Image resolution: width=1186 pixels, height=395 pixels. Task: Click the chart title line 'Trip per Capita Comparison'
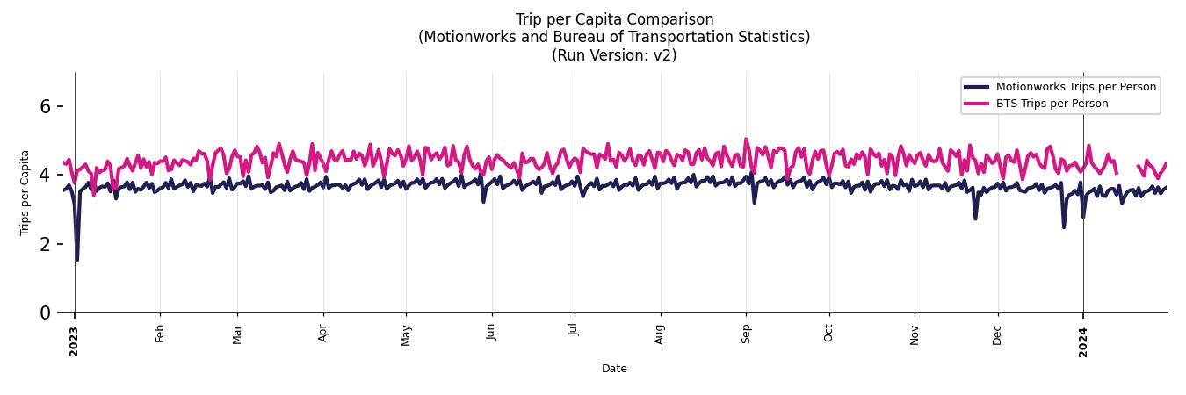(x=614, y=19)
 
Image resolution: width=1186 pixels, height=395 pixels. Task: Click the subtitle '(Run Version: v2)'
(x=614, y=55)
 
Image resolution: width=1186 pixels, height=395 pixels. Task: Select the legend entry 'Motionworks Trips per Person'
(x=1075, y=87)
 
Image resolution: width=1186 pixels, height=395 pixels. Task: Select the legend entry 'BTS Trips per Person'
(x=1052, y=104)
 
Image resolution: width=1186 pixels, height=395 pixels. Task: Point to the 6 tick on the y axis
(x=47, y=106)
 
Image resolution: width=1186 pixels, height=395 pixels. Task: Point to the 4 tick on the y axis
(x=47, y=176)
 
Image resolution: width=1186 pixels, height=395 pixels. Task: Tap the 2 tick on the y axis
(x=47, y=244)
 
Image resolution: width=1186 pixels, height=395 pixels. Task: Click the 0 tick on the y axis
(x=47, y=312)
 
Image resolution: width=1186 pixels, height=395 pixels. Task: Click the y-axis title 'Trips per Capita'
(x=25, y=192)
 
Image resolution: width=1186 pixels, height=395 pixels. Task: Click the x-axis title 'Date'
(x=614, y=369)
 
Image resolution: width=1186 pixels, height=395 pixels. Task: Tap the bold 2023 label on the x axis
(x=75, y=341)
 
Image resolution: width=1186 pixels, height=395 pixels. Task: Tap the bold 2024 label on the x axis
(x=1083, y=341)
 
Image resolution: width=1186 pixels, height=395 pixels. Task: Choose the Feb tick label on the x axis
(x=160, y=334)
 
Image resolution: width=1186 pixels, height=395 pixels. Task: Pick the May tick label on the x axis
(x=406, y=334)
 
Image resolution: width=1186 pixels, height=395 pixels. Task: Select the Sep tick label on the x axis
(x=746, y=334)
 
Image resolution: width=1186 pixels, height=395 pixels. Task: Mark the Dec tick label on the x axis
(x=997, y=334)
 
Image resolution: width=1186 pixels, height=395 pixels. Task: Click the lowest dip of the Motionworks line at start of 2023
(x=77, y=260)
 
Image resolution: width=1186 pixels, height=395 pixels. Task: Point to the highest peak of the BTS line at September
(x=746, y=139)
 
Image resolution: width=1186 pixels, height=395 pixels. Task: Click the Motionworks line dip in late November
(x=975, y=219)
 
